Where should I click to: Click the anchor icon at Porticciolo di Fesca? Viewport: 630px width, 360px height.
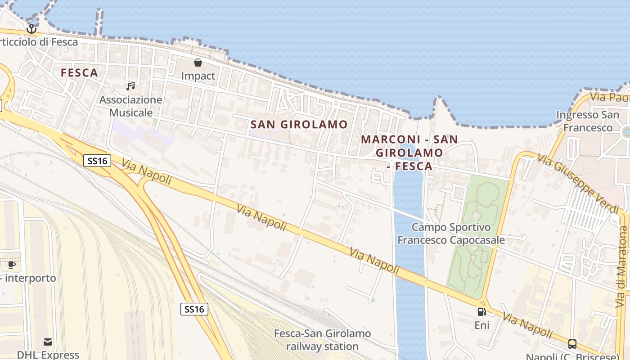point(31,29)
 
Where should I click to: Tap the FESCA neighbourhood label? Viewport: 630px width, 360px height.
point(79,72)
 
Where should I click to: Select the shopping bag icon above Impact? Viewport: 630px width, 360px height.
point(198,63)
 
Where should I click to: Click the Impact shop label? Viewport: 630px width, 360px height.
point(198,76)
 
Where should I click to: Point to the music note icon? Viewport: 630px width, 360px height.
point(130,86)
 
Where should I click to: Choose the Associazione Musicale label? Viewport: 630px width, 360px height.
point(130,106)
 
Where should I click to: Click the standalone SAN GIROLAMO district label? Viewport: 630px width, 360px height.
point(299,125)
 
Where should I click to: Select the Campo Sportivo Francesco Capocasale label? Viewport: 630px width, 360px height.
point(451,234)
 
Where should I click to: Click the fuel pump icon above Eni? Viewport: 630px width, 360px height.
point(481,311)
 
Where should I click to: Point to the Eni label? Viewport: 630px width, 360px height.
point(481,325)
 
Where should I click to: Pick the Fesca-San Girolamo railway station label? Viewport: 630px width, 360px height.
point(323,340)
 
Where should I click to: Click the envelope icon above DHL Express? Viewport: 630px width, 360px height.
point(48,342)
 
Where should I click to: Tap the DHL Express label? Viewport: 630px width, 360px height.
point(48,355)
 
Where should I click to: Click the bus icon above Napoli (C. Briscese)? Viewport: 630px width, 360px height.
point(572,344)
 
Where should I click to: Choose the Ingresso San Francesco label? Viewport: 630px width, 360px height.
point(588,121)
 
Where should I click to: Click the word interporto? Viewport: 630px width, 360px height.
point(31,278)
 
